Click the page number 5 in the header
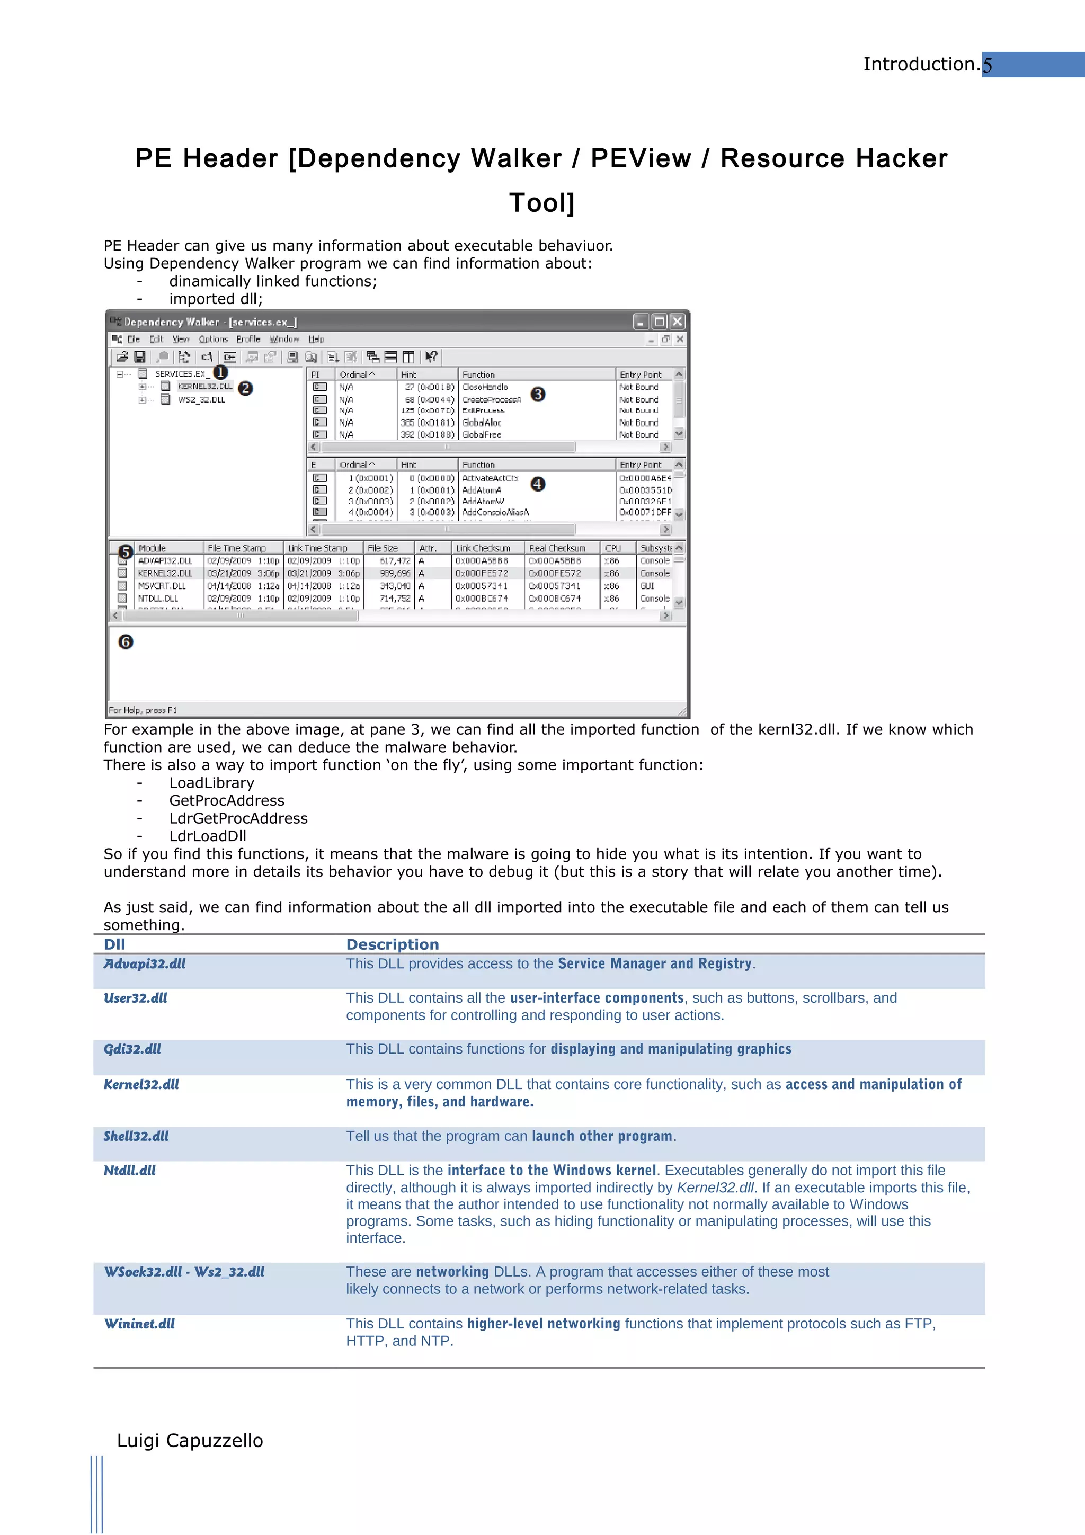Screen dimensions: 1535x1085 tap(988, 65)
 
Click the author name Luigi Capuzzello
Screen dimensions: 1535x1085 tap(190, 1440)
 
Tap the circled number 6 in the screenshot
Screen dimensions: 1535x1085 tap(126, 642)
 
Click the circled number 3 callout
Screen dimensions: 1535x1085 tap(538, 395)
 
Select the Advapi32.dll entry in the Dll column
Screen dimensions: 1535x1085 tap(145, 963)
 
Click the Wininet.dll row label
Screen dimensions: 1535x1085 tap(139, 1323)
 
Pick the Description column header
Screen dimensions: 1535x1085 tap(393, 944)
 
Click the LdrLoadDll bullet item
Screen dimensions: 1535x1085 tap(207, 836)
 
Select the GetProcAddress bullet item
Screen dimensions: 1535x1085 tap(227, 800)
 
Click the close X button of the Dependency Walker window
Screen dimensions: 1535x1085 tap(677, 322)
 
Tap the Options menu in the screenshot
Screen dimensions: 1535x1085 tap(214, 339)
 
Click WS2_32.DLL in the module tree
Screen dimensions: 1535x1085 tap(201, 400)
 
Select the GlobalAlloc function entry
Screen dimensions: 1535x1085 tap(482, 423)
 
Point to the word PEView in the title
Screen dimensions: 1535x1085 tap(641, 158)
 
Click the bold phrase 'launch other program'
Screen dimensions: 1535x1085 tap(602, 1136)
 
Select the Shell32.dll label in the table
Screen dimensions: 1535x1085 tap(136, 1136)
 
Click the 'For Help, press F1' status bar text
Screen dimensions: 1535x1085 tap(143, 710)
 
